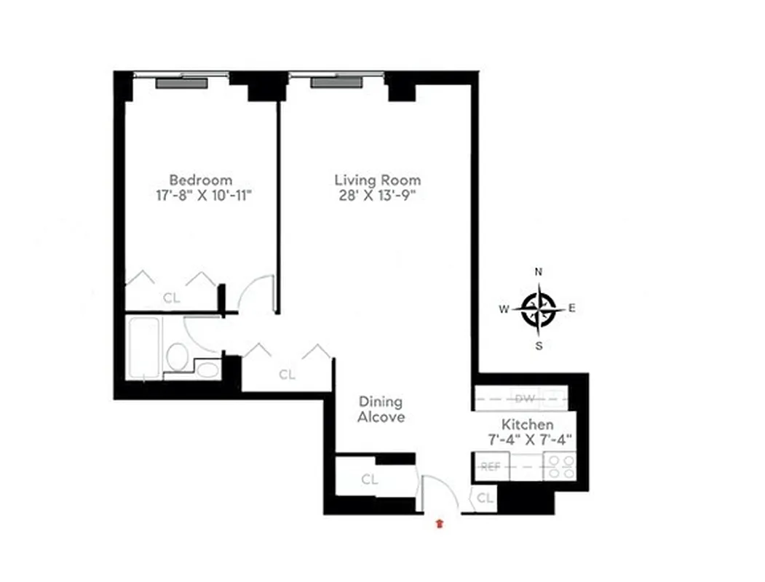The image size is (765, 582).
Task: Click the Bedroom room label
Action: pos(201,179)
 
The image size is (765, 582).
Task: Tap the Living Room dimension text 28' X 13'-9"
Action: pos(377,195)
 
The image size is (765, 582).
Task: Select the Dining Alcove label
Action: pos(380,410)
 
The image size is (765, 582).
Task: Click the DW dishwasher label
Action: pos(524,399)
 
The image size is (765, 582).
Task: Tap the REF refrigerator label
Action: pos(491,466)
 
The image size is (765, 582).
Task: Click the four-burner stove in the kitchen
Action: pos(560,466)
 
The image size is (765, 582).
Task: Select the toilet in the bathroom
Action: pos(177,356)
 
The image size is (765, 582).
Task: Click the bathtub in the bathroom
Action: pos(144,347)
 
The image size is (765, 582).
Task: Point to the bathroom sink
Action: pos(208,370)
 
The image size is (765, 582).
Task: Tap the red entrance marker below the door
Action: pos(439,523)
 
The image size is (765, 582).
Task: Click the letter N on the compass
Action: pos(539,271)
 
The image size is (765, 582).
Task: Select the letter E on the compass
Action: pos(572,308)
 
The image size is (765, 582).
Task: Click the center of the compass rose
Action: pos(539,308)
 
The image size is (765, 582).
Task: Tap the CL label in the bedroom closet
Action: pos(171,298)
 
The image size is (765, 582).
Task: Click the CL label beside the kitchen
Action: pos(485,498)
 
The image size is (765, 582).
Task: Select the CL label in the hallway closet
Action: pos(288,375)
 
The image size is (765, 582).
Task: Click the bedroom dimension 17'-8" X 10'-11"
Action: pos(201,195)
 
